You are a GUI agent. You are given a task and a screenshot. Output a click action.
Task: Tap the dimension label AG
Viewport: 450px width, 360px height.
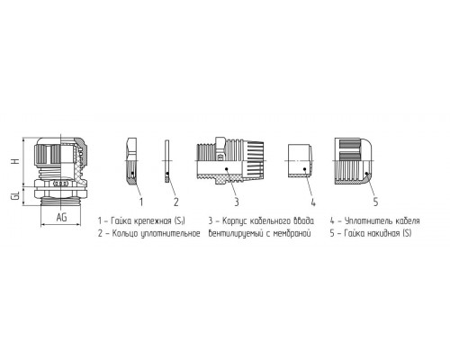pos(62,217)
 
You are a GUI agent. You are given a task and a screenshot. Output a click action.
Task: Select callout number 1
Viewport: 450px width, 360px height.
pos(141,202)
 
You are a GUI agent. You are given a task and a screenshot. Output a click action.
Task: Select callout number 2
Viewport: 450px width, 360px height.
pos(176,202)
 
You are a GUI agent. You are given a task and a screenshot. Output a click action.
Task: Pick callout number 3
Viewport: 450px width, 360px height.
pos(237,202)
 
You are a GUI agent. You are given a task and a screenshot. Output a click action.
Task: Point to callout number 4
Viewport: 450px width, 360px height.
pos(313,202)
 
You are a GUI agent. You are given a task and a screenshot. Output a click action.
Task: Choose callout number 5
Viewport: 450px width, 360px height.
pos(375,202)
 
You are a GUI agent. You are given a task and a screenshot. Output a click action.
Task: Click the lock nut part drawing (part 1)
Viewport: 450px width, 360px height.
pos(132,161)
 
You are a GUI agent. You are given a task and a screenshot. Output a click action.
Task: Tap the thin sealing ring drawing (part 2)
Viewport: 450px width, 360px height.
pos(167,161)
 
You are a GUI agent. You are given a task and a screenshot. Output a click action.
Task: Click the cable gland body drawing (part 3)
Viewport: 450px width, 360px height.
pos(230,160)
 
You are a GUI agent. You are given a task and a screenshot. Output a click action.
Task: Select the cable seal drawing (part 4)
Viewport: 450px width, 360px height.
pos(300,161)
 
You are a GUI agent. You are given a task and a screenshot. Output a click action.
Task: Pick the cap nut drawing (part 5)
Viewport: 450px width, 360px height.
pos(354,161)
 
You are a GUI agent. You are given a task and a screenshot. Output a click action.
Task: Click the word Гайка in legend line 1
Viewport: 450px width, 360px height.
pos(121,221)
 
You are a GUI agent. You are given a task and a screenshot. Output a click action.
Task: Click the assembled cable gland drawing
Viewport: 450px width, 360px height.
pos(61,172)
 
